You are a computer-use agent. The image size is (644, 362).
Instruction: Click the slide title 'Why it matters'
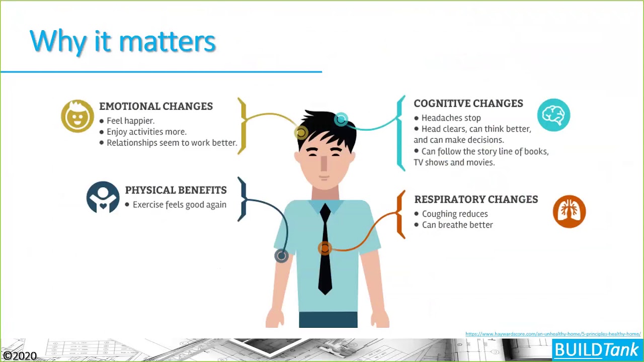pos(122,41)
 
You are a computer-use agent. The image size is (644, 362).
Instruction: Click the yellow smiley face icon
pos(77,116)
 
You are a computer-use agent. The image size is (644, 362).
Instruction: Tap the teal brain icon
pos(553,115)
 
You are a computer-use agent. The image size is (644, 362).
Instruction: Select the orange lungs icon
pos(569,211)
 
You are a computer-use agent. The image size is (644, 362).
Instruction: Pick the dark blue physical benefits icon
pos(103,197)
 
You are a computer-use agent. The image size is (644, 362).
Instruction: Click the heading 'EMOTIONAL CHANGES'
pos(156,106)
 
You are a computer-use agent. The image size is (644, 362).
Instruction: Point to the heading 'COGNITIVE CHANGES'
pos(468,103)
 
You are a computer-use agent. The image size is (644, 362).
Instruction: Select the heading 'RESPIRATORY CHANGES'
pos(475,199)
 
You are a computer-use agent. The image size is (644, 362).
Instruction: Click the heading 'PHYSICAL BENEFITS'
pos(176,190)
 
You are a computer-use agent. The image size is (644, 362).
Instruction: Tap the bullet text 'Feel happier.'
pos(130,121)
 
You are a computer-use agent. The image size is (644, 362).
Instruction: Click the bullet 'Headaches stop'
pos(451,118)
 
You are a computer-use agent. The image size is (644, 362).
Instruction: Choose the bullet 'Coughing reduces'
pos(454,214)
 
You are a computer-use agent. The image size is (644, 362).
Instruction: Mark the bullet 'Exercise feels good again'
pos(179,205)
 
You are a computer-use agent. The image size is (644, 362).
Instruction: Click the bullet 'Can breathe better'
pos(457,225)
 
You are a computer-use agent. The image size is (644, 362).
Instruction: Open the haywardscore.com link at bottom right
pos(552,334)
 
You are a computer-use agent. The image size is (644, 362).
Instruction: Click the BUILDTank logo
pos(596,350)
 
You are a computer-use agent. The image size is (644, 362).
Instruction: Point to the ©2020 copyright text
pos(20,356)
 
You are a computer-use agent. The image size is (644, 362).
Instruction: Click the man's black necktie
pos(325,251)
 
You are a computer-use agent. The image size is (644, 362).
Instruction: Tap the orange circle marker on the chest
pos(325,248)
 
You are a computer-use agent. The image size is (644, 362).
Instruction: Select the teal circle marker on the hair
pos(341,119)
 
